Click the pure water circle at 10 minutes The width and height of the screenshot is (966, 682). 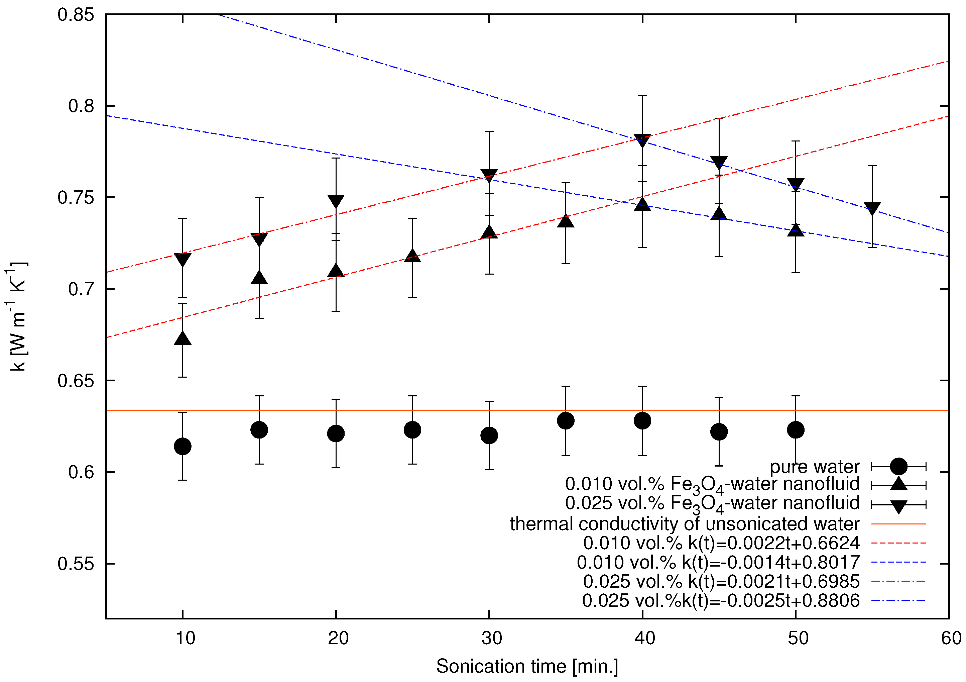point(183,446)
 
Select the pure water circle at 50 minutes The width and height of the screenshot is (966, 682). point(796,430)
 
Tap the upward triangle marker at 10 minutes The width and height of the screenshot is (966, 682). point(183,338)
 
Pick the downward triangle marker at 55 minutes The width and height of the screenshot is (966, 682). point(872,208)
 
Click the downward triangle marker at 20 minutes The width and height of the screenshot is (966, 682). point(336,201)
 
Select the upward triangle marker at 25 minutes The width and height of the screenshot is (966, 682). point(412,256)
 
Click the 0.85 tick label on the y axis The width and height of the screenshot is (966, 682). point(76,15)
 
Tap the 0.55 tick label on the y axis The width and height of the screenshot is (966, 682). point(76,564)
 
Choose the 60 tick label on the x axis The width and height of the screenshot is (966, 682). point(951,638)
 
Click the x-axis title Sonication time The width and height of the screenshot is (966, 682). point(527,666)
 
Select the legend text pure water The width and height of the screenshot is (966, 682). point(815,467)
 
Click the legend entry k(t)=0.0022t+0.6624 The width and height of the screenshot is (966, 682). point(721,543)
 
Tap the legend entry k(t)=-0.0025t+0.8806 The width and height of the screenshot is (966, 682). point(721,600)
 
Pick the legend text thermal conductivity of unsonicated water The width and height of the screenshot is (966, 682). point(685,524)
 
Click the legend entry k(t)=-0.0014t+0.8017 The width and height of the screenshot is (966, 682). point(718,562)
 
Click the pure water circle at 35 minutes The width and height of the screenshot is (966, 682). point(566,420)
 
